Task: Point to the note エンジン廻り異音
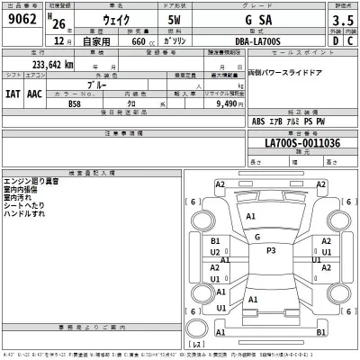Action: pyautogui.click(x=31, y=181)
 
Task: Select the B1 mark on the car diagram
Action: pyautogui.click(x=216, y=242)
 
